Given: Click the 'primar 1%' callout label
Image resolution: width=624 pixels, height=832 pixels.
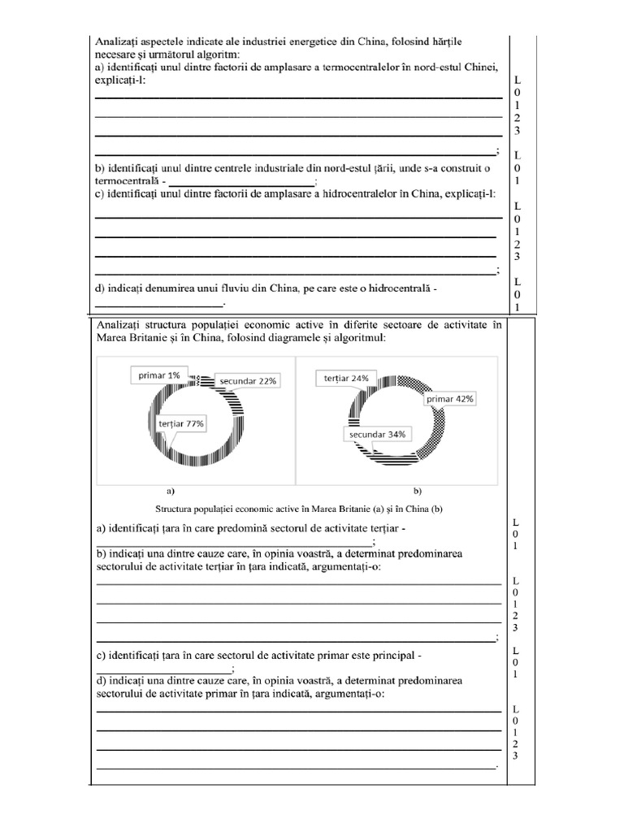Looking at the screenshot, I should pyautogui.click(x=159, y=375).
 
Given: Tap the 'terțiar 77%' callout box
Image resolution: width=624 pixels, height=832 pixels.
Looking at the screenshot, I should pyautogui.click(x=181, y=423).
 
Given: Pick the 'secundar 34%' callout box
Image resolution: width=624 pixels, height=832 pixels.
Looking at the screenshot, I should pyautogui.click(x=376, y=434).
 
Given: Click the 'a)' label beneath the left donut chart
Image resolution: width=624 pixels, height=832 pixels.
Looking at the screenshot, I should pyautogui.click(x=171, y=491).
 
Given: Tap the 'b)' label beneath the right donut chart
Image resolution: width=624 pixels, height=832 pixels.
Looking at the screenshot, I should pyautogui.click(x=418, y=491).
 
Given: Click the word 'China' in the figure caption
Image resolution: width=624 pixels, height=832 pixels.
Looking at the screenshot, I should pyautogui.click(x=394, y=509).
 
